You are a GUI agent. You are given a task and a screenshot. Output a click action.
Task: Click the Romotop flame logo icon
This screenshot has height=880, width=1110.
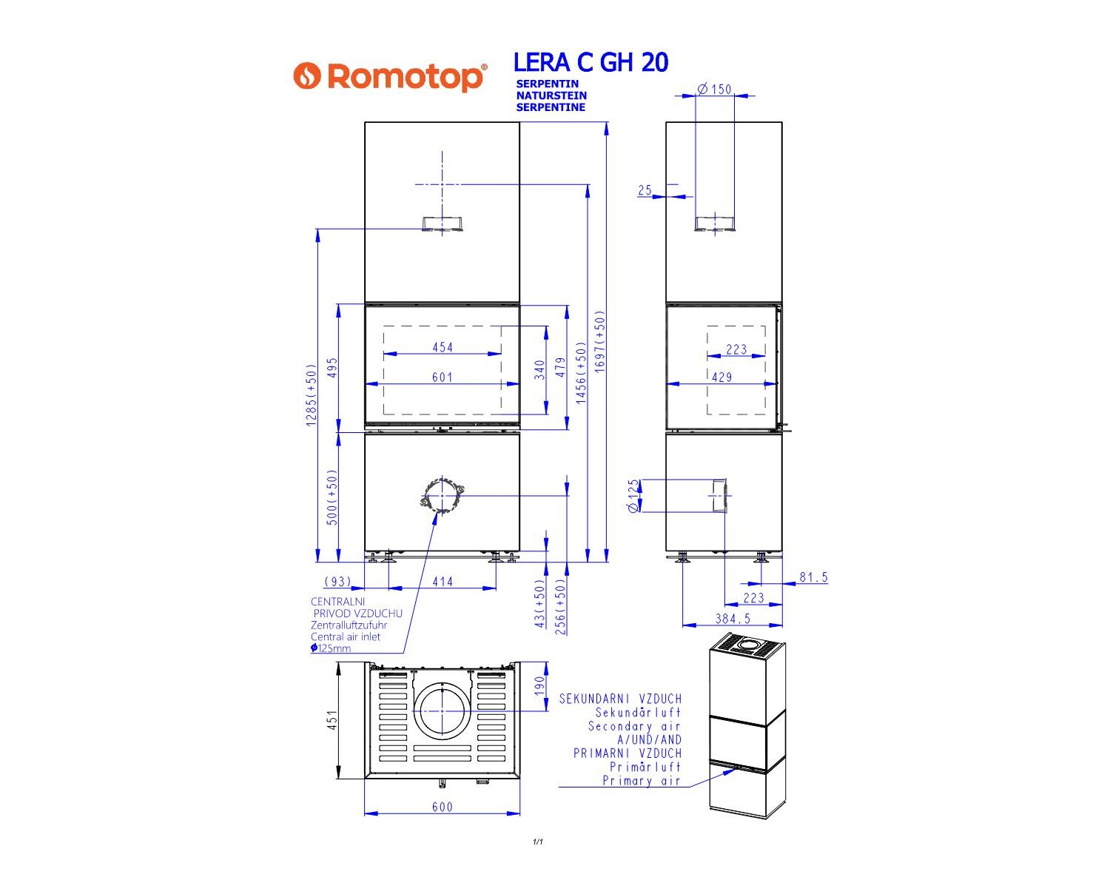[307, 75]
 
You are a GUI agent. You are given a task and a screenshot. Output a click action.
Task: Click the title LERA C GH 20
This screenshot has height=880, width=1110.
[591, 62]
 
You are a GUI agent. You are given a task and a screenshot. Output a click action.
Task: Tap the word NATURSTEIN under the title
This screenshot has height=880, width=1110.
[551, 95]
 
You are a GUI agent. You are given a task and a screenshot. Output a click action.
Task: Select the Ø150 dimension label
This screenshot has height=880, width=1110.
[715, 90]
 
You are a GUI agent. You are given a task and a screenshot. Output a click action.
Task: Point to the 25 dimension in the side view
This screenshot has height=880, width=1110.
[645, 190]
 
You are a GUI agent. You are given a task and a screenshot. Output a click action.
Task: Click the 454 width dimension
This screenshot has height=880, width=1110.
[443, 347]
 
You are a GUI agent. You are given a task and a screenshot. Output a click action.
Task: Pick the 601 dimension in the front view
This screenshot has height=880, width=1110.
[443, 377]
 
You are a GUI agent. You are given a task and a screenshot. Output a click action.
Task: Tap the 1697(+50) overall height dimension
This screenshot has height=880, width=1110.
[599, 341]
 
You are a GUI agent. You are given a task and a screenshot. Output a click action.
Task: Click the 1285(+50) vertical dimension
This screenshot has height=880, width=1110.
[311, 395]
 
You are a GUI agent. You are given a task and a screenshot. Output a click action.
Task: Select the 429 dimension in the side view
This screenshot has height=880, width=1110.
[721, 377]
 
